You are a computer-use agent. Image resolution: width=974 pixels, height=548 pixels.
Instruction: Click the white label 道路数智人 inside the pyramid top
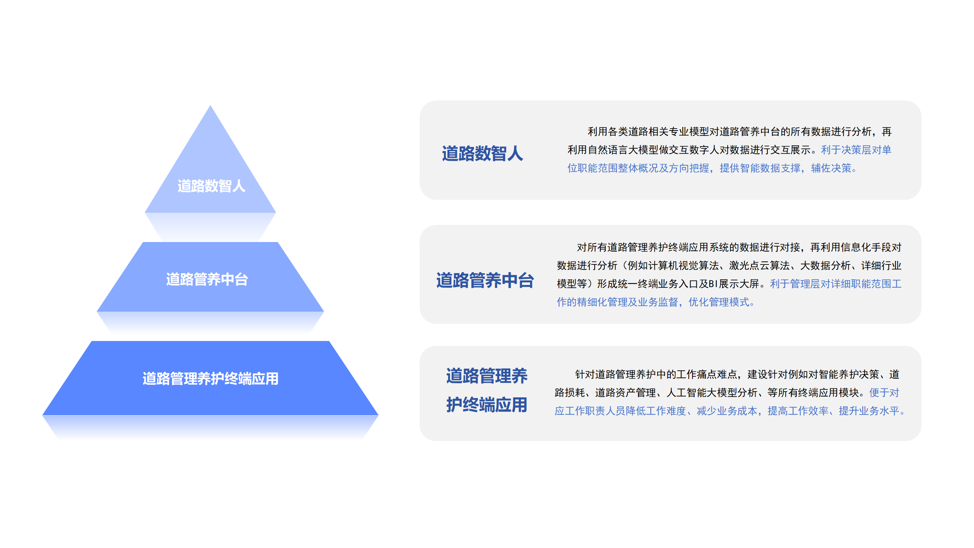pos(211,186)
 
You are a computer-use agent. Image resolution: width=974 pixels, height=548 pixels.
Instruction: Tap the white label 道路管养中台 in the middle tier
pos(207,279)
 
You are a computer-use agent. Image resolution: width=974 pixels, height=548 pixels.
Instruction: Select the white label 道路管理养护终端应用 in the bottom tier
pos(210,379)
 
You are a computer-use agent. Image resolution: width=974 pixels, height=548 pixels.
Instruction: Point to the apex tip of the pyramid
pos(210,105)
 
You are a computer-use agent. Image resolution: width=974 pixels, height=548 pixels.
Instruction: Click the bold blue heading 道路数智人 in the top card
pos(482,154)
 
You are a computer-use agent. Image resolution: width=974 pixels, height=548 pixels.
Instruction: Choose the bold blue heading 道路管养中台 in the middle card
pos(485,280)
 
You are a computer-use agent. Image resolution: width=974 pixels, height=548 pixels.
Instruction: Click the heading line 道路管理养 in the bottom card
pos(487,376)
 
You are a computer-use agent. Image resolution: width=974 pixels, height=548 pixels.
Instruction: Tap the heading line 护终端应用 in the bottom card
pos(487,405)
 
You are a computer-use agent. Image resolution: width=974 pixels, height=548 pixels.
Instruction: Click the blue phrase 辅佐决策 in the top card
pos(831,168)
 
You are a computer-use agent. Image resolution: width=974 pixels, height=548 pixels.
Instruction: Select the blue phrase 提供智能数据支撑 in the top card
pos(760,168)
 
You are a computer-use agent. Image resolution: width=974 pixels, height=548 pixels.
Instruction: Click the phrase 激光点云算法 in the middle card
pos(759,266)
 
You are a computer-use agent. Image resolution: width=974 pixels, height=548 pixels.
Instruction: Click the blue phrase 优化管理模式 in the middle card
pos(719,302)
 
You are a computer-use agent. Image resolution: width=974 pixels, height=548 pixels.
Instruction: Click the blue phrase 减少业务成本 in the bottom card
pos(727,411)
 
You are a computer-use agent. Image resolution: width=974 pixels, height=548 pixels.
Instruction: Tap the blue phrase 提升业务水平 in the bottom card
pos(869,411)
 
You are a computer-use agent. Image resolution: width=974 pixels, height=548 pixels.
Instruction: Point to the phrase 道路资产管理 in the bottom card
pos(625,393)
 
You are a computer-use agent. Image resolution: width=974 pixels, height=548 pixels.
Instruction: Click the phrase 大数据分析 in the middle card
pos(825,266)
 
